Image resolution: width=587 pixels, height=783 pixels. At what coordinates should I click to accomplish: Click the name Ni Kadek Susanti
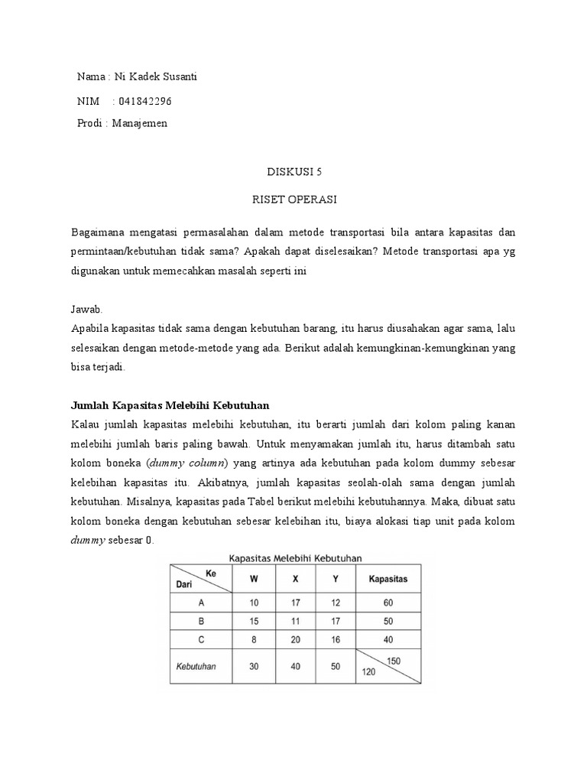pos(160,76)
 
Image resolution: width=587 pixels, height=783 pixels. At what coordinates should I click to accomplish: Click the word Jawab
pos(86,309)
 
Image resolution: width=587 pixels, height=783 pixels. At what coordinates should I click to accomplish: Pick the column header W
pos(253,579)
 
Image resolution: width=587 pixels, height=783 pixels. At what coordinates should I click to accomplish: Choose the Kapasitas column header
pos(388,579)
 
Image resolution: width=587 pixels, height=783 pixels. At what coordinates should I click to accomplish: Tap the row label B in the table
pos(201,621)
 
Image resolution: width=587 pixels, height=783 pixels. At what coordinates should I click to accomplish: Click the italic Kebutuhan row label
pos(196,665)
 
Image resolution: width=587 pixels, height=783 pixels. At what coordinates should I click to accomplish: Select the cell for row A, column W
pos(253,601)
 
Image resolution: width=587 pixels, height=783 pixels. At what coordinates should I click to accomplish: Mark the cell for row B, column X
pos(295,621)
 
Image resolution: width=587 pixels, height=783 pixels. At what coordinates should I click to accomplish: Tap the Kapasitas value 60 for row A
pos(388,601)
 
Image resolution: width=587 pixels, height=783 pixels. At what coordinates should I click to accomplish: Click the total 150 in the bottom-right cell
pos(394,660)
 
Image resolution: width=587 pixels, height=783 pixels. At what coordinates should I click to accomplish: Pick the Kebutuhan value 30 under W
pos(253,665)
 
